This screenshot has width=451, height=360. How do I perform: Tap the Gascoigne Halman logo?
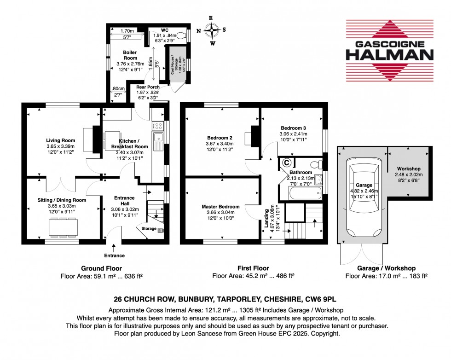tap(389, 50)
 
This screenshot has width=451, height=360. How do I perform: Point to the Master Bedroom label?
tap(221, 207)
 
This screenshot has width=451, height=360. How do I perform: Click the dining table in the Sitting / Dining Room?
tap(64, 226)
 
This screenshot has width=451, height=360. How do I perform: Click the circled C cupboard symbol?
tap(286, 163)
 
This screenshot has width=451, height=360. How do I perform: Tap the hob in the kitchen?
tap(158, 125)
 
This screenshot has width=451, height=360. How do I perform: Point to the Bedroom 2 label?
tap(219, 138)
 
